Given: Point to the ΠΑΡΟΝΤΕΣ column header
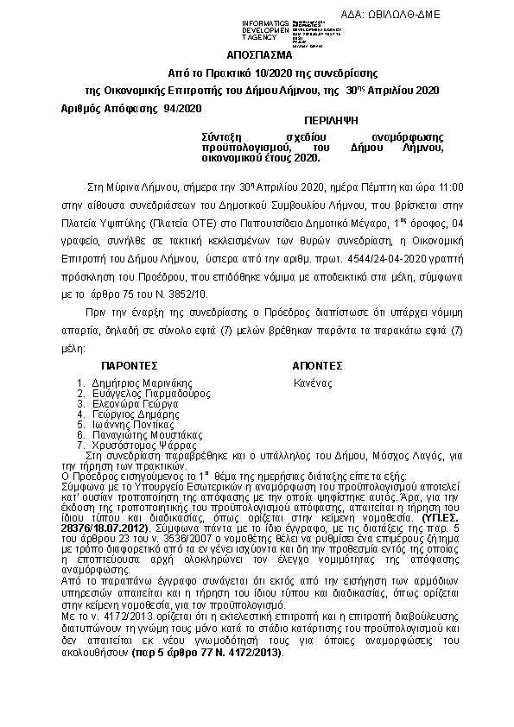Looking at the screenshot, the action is pos(129,364).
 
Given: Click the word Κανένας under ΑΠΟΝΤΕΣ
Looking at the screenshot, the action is pos(313,382).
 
